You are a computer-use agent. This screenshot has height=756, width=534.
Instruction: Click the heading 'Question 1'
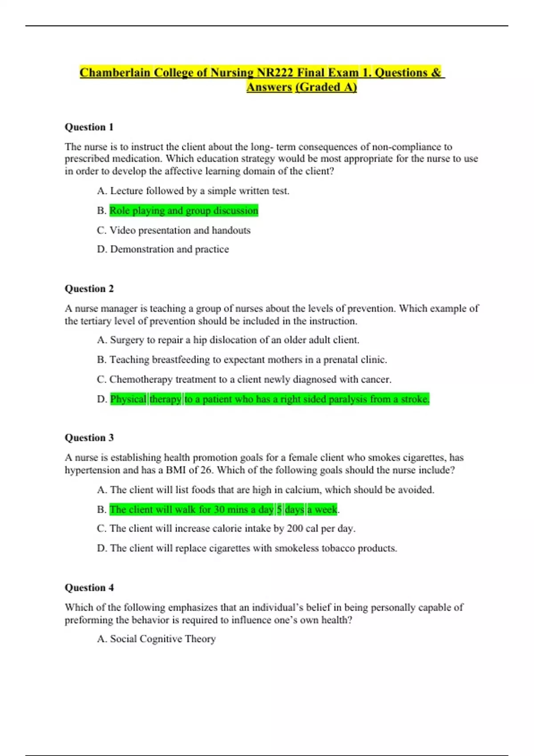(89, 127)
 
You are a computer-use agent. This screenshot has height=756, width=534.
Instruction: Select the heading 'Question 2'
(89, 289)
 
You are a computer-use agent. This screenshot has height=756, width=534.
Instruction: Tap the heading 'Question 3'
(89, 438)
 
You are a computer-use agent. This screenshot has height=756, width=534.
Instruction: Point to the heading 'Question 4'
(89, 587)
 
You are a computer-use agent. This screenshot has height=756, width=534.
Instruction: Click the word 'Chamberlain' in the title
(115, 72)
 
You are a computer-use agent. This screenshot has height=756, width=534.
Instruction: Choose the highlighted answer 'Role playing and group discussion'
(184, 210)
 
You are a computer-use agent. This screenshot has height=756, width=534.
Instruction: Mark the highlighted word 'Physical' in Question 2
(128, 399)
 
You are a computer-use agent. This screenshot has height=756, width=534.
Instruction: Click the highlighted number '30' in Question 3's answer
(219, 510)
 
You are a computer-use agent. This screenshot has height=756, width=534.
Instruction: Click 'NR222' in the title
(275, 72)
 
